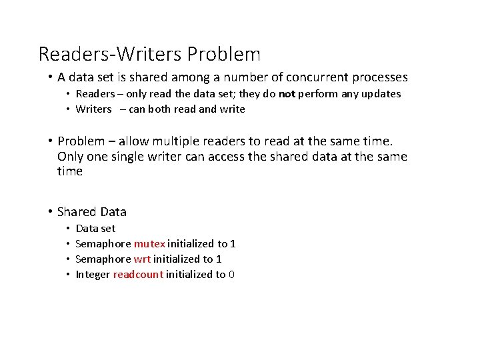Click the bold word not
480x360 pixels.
(287, 94)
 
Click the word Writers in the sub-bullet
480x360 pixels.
(94, 109)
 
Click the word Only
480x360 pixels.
(70, 157)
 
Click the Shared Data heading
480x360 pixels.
(92, 212)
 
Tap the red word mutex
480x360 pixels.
(149, 244)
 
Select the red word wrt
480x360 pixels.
(142, 259)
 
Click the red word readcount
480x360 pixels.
(138, 275)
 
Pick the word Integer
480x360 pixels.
(93, 275)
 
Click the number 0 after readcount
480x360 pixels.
(231, 275)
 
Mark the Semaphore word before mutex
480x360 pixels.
(103, 244)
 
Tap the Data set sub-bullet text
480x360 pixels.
(95, 229)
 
